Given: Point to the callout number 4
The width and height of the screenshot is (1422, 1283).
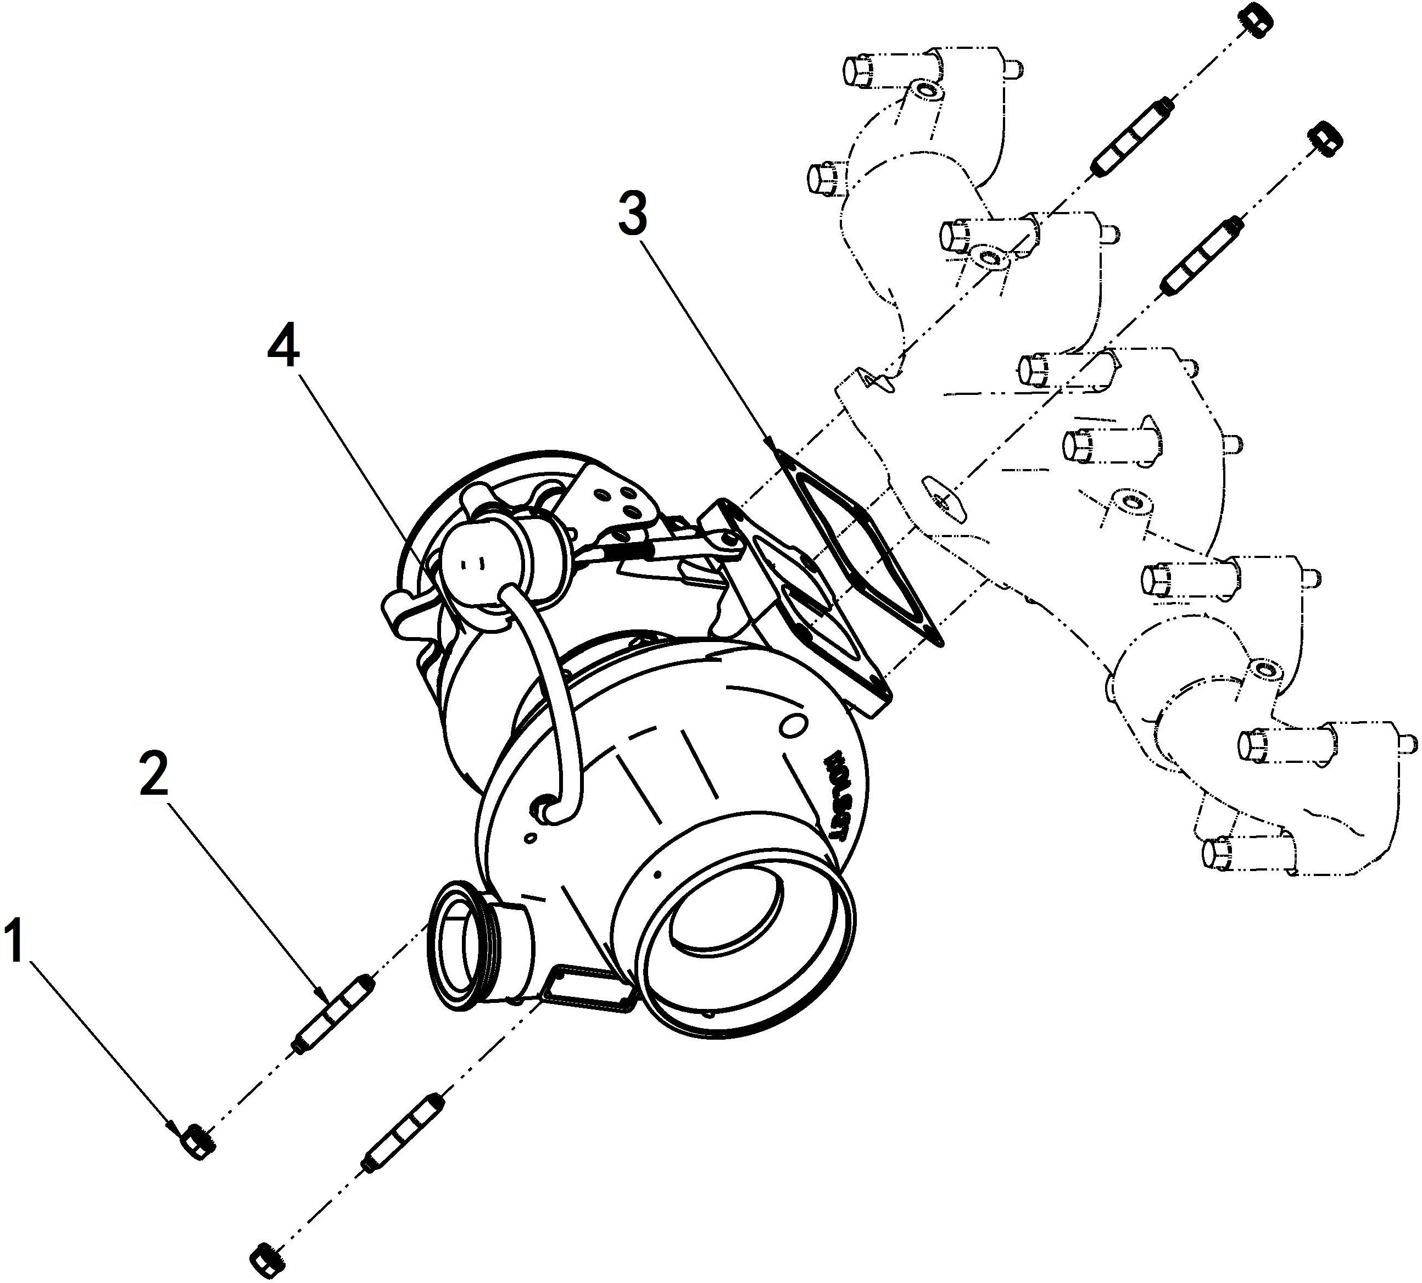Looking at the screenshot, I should click(283, 348).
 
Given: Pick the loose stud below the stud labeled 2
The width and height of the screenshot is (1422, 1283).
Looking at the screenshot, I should click(402, 1134).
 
